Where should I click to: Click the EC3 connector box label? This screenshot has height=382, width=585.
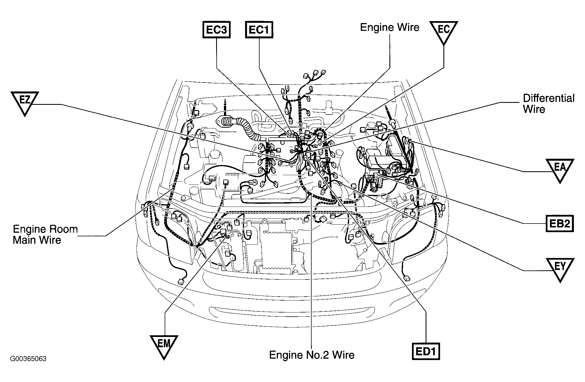[x=217, y=29]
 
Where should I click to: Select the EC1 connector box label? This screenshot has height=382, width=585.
[x=259, y=29]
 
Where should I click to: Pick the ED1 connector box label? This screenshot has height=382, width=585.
[x=426, y=352]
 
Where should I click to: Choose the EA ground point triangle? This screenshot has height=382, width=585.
[x=560, y=169]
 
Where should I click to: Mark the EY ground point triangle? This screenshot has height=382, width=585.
[x=560, y=268]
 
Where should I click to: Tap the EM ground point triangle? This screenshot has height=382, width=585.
[x=164, y=346]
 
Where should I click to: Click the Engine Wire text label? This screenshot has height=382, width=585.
[x=389, y=27]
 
